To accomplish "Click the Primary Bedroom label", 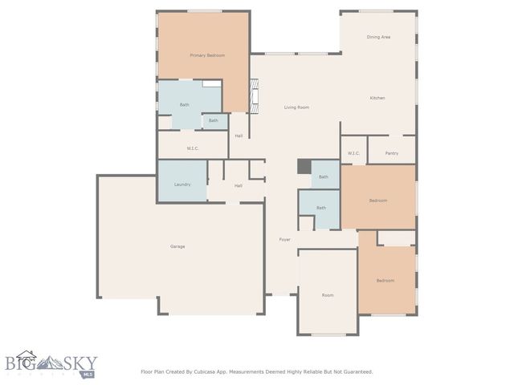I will tap(206, 55).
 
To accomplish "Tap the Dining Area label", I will tap(378, 37).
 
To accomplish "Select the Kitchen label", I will tap(377, 98).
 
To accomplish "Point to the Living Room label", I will tap(296, 107).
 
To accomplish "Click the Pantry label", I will tap(392, 153).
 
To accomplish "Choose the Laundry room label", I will tap(182, 184).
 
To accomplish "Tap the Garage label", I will tap(177, 246).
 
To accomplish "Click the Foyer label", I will tap(284, 240).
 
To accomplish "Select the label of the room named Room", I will tap(328, 295).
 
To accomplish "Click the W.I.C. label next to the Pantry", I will tap(354, 153).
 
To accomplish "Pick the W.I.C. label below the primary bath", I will tap(193, 148).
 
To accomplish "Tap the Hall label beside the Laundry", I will tap(239, 186).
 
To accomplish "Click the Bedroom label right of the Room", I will tap(386, 281).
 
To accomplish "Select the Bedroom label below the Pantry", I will tap(378, 201).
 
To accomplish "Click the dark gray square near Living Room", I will tap(304, 166).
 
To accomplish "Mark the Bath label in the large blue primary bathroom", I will tap(185, 105).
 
